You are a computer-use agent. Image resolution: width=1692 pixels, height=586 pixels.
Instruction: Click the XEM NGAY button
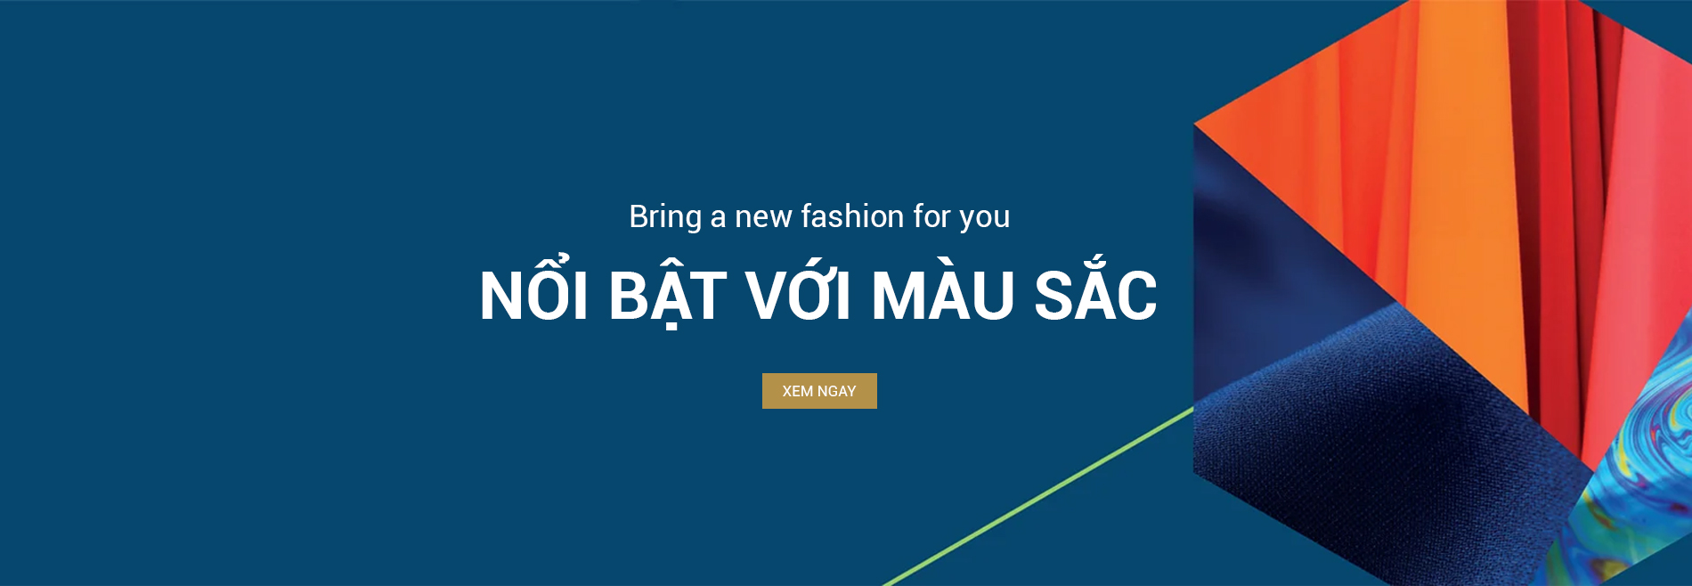click(819, 391)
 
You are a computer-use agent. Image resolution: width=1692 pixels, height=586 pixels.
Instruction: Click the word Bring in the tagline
click(665, 217)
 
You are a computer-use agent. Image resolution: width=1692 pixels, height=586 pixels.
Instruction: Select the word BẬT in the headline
click(667, 294)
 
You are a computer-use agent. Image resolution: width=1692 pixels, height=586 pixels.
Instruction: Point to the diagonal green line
click(1038, 496)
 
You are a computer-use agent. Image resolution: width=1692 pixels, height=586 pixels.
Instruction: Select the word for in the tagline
click(932, 216)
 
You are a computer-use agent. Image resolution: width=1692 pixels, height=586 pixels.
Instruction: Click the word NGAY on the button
click(836, 391)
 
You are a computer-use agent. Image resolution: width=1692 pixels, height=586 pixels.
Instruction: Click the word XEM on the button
click(798, 391)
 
